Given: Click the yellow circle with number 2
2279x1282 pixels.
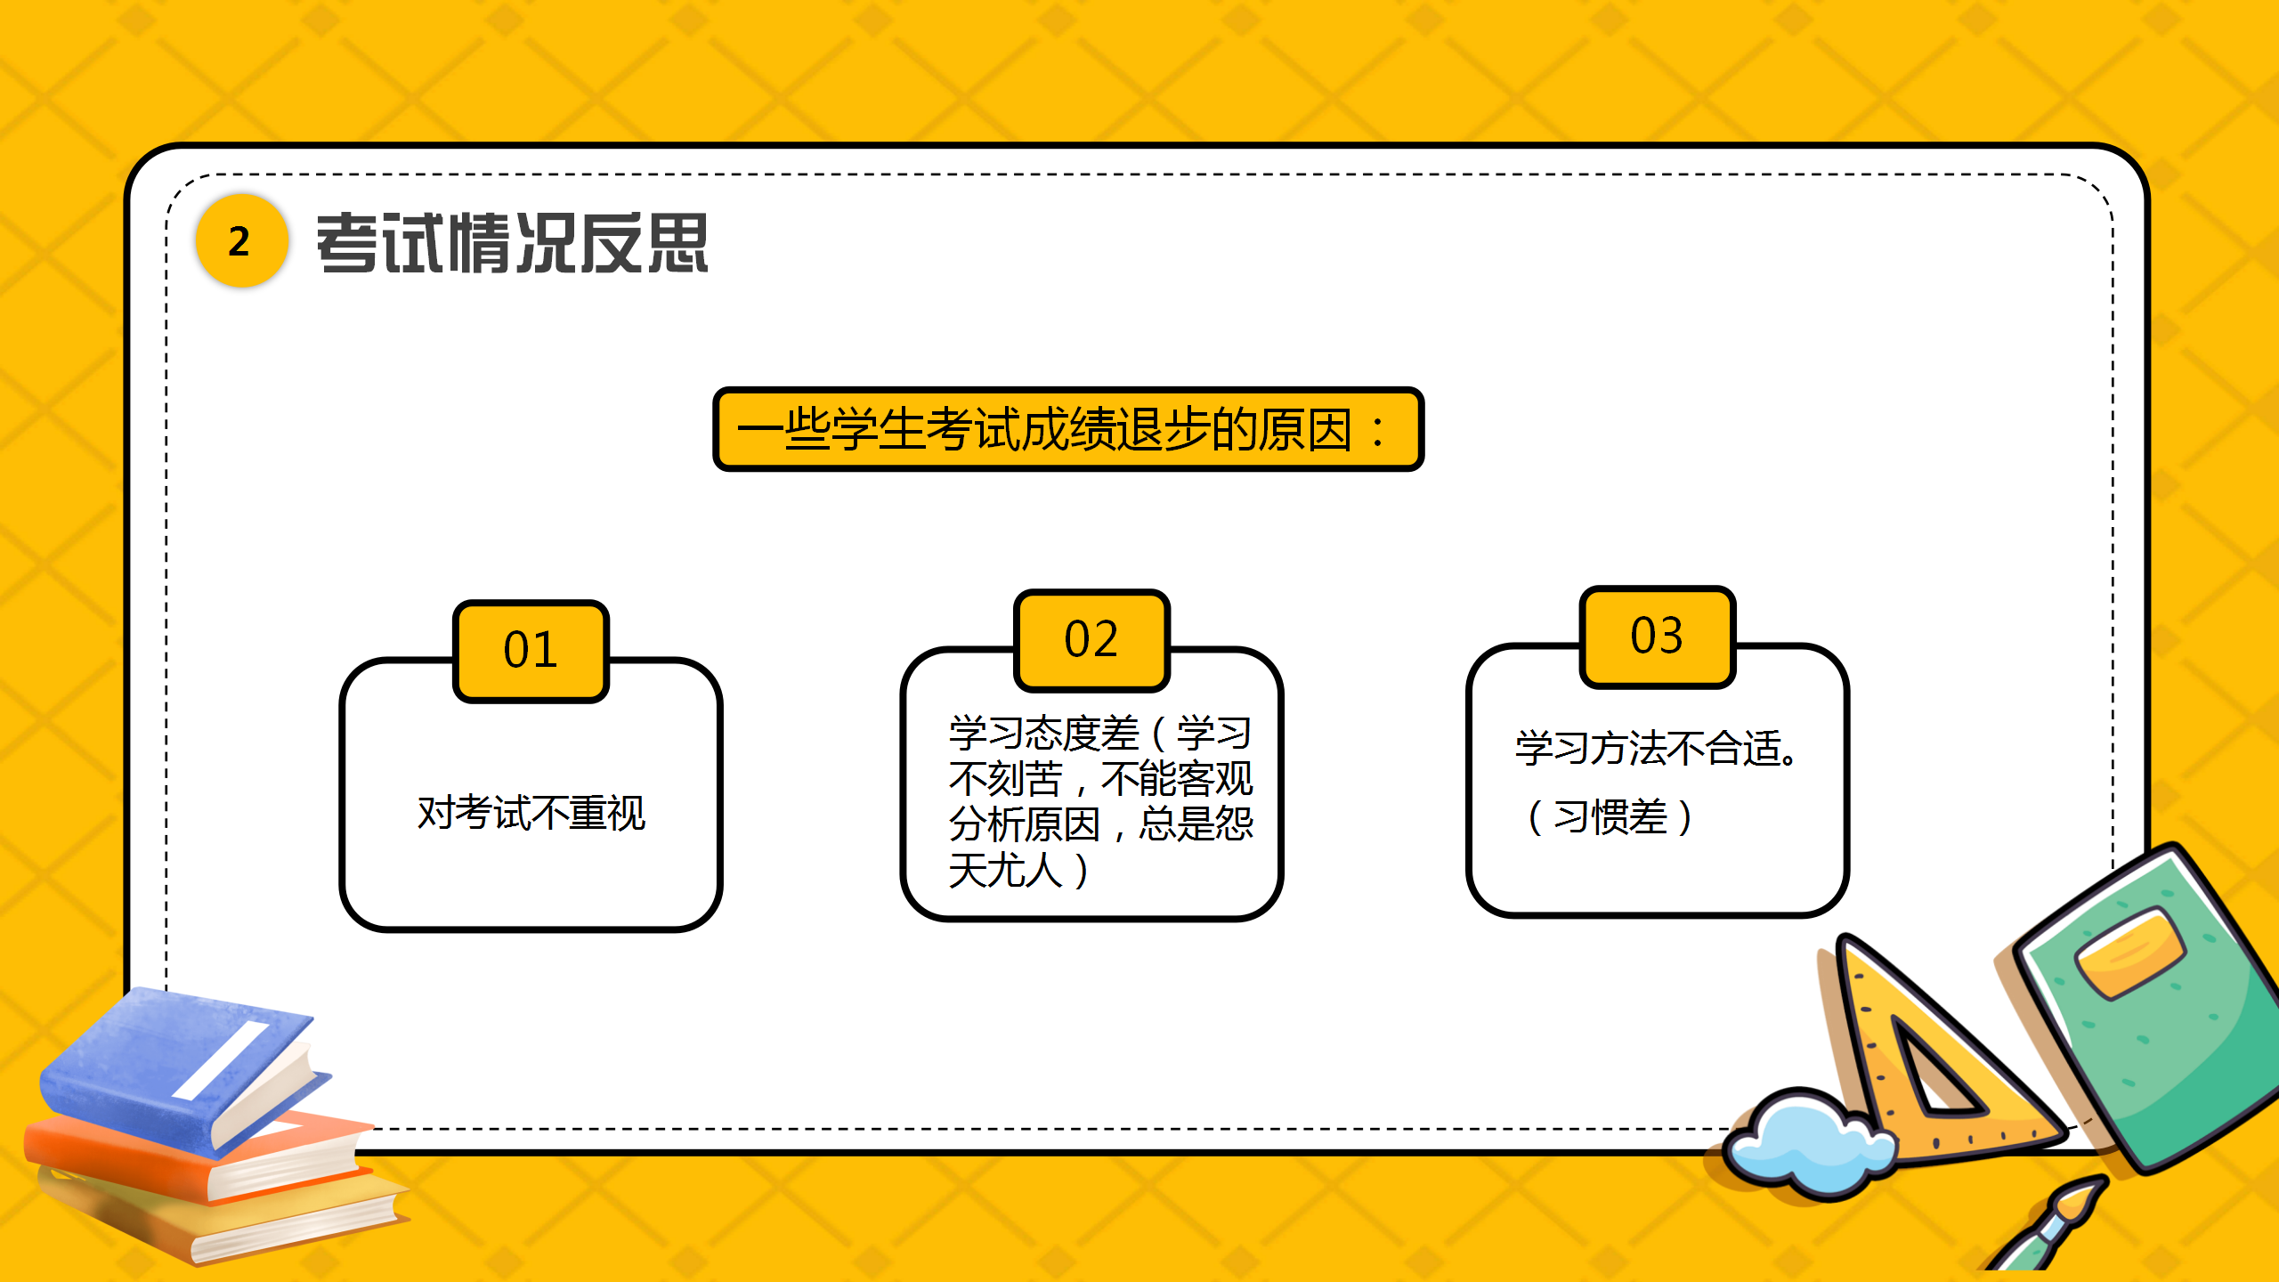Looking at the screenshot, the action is [x=241, y=240].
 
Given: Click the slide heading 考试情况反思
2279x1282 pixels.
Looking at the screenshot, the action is [x=513, y=243].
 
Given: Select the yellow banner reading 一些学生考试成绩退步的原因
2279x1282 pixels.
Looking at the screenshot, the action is [x=1067, y=429].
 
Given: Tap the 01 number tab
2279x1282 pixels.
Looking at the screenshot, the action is [x=531, y=651].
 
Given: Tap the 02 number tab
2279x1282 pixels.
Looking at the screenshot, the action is [x=1091, y=640].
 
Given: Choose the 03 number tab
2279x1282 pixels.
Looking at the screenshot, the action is [x=1657, y=637].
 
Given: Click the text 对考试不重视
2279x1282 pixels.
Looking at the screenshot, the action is [x=531, y=813].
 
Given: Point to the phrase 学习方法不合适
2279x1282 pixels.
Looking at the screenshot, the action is [x=1656, y=748].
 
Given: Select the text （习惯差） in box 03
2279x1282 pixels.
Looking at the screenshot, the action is [x=1610, y=817].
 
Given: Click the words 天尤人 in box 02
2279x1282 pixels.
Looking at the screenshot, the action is [x=1006, y=870].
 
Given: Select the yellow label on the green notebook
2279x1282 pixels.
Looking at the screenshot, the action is [x=2130, y=951].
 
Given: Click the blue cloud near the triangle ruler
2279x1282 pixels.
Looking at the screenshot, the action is [x=1807, y=1143].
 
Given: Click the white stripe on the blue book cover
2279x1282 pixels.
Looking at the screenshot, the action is [x=221, y=1059].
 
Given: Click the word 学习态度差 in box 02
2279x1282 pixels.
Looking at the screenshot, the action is [x=1044, y=734].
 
